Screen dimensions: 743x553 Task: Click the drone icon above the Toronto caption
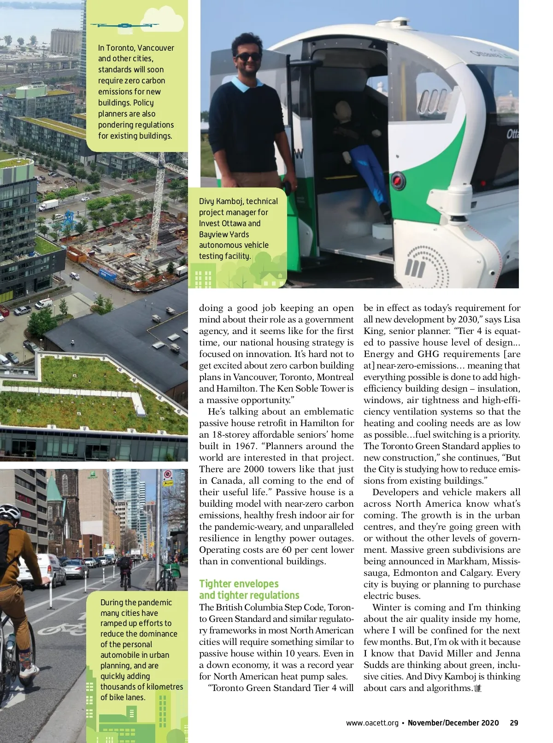click(124, 25)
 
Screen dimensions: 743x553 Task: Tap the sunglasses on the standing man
click(247, 57)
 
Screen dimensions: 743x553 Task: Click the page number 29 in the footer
click(514, 723)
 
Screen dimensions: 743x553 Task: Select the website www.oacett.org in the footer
click(372, 723)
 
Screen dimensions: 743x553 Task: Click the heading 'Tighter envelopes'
click(239, 584)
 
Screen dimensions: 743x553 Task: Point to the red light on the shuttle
click(398, 180)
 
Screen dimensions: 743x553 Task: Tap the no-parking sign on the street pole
click(168, 475)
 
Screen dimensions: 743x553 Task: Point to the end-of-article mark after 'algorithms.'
click(477, 688)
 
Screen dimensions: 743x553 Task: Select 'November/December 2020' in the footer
click(453, 723)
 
